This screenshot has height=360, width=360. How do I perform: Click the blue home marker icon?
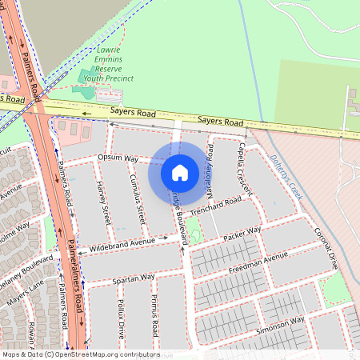pos(180,172)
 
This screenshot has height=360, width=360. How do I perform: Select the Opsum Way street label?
pos(118,158)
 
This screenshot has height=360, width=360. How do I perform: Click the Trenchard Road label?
pos(216,203)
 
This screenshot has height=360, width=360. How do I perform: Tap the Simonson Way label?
pos(279,321)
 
